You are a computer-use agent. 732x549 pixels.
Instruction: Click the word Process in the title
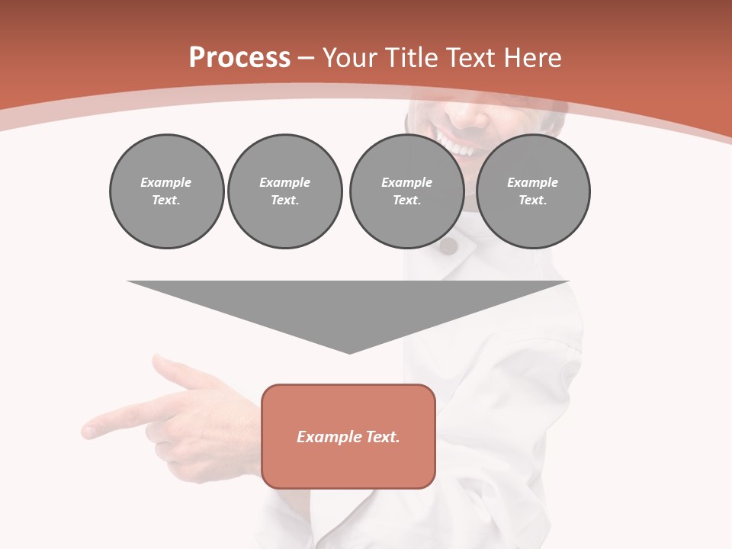click(x=239, y=58)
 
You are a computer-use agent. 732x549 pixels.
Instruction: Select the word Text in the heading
click(x=468, y=58)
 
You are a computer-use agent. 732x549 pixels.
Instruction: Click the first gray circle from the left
click(x=166, y=191)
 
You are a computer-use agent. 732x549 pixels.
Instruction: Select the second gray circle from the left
click(x=285, y=191)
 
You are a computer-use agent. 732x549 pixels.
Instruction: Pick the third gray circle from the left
click(x=406, y=191)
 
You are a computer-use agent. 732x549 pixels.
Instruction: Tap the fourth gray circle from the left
click(x=533, y=191)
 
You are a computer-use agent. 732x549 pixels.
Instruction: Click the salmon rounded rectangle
click(x=348, y=436)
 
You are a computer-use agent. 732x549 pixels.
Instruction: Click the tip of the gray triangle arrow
click(x=349, y=352)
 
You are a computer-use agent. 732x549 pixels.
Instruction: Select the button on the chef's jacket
click(x=448, y=246)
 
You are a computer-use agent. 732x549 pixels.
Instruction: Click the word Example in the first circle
click(x=166, y=182)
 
